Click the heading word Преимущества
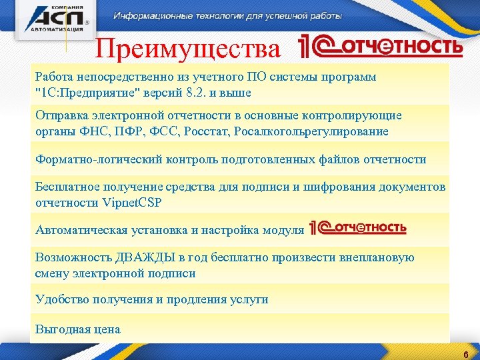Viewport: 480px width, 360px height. click(x=188, y=49)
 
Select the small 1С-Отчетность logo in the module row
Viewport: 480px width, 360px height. click(x=357, y=228)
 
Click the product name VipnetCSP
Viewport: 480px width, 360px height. click(x=133, y=202)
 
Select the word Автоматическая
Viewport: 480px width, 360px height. click(x=77, y=230)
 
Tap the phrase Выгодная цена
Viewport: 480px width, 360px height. click(x=77, y=329)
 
